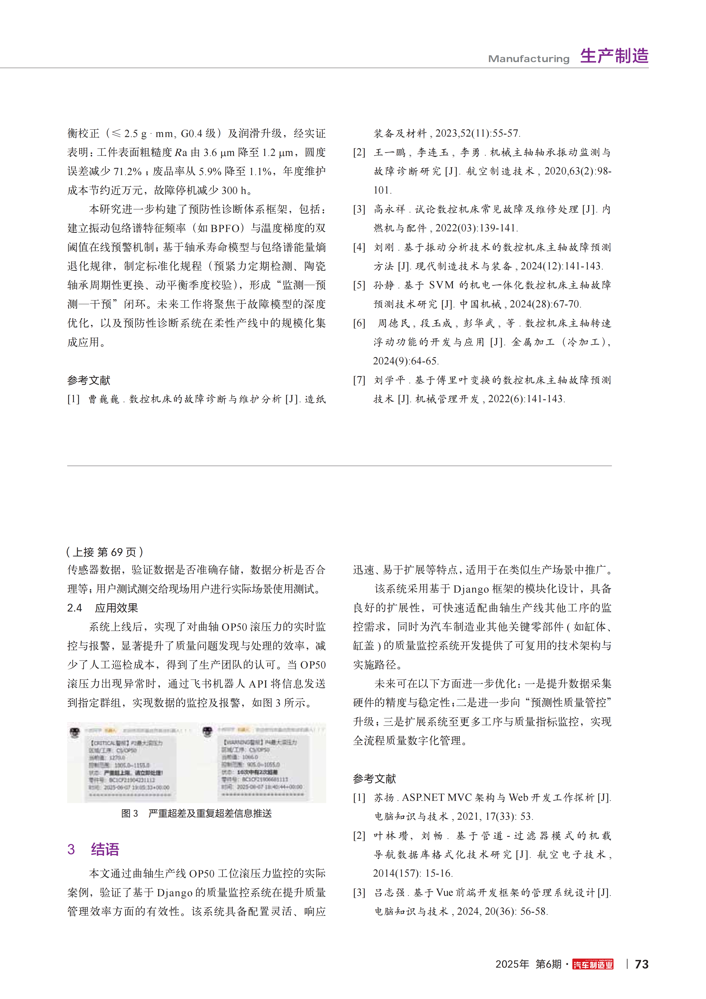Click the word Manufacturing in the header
[x=529, y=59]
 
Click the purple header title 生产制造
[x=614, y=56]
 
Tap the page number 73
[x=642, y=964]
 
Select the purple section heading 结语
[x=105, y=849]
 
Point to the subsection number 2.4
[x=74, y=608]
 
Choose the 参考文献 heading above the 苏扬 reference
[x=374, y=778]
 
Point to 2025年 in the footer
[x=512, y=964]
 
